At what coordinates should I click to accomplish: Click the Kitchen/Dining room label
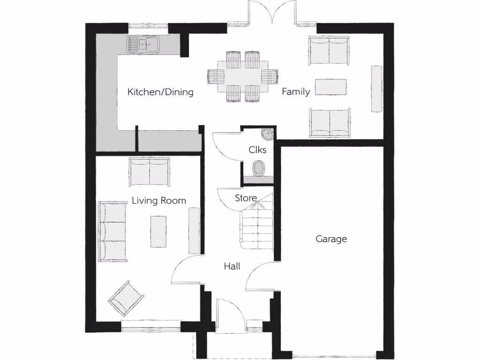(x=160, y=92)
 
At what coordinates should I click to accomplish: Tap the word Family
(x=295, y=92)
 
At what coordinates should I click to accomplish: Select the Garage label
(x=331, y=239)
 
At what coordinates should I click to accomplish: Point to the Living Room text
(x=158, y=201)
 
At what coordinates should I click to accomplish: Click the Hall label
(x=232, y=266)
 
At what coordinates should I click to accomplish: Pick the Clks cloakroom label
(x=257, y=150)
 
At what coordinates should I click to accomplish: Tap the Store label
(x=246, y=198)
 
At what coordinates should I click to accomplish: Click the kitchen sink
(x=142, y=44)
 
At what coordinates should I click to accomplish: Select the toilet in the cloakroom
(x=259, y=168)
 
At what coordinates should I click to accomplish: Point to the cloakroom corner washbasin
(x=268, y=134)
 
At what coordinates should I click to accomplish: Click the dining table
(x=243, y=76)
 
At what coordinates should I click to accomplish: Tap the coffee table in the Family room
(x=331, y=87)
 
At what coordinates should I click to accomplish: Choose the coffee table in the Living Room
(x=158, y=231)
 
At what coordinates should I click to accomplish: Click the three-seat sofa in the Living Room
(x=112, y=232)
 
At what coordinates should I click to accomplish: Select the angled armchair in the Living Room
(x=126, y=298)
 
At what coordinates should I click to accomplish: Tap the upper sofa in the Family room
(x=329, y=50)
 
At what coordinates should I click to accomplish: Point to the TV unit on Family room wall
(x=376, y=89)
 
